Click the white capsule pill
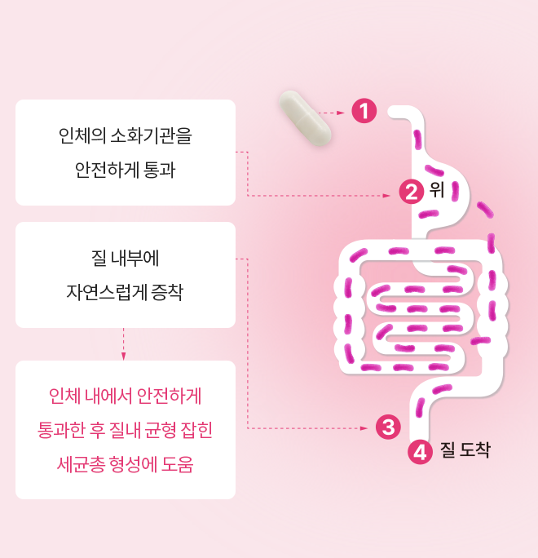coord(305,118)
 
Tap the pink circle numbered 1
coord(364,111)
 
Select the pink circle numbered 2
coord(412,192)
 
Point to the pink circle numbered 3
coord(388,427)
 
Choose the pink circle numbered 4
coord(420,452)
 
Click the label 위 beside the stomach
coord(437,189)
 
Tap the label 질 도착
coord(465,449)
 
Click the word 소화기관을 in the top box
coord(152,135)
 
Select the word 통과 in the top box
coord(159,170)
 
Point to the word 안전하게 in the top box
coord(107,170)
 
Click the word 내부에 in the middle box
coord(134,258)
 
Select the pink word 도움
coord(177,464)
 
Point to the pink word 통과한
coord(61,430)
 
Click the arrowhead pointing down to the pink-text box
coord(123,356)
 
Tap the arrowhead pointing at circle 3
coord(364,428)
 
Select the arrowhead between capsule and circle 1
coord(341,113)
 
